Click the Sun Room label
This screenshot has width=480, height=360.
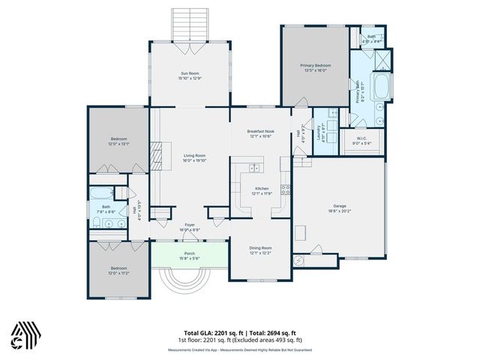tap(189, 73)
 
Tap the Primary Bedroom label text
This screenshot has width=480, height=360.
tap(316, 66)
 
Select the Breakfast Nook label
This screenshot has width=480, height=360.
tap(262, 131)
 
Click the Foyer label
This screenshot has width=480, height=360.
tap(190, 224)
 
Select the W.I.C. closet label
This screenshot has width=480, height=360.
tap(361, 138)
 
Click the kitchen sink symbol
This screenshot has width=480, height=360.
tap(256, 167)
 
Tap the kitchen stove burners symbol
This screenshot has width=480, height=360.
tap(284, 190)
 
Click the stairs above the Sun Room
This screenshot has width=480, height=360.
tap(189, 29)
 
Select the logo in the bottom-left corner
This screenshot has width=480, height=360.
tap(24, 334)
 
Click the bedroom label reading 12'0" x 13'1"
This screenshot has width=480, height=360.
tap(119, 141)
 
